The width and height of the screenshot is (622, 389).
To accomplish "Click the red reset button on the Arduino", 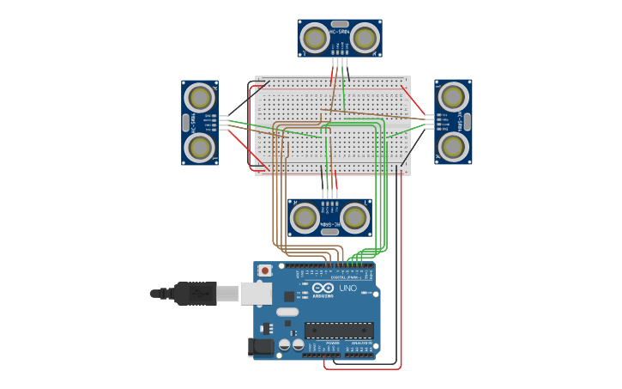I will tap(265, 270).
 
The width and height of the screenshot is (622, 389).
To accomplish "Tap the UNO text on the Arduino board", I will tap(347, 289).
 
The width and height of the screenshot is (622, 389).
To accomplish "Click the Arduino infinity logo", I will tap(323, 289).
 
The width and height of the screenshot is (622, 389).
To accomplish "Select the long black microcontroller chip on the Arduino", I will tap(339, 331).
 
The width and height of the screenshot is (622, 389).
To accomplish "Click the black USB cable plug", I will tap(195, 294).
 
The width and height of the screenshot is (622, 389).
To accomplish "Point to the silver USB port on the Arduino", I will tap(256, 294).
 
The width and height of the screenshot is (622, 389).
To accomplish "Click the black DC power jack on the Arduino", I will tap(261, 347).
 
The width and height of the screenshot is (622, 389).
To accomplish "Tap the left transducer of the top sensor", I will tap(315, 38).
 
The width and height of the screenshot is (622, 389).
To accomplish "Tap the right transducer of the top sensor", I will tap(365, 38).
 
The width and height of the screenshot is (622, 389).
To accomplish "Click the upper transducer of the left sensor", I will tap(200, 98).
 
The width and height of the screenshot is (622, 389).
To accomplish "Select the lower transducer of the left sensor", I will tap(200, 147).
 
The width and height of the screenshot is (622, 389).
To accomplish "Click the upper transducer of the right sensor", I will tap(453, 98).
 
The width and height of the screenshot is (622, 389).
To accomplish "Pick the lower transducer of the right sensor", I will tap(453, 147).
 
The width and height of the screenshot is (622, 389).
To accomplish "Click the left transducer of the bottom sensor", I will tap(305, 217).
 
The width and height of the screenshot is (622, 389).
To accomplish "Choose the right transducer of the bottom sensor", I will tap(354, 217).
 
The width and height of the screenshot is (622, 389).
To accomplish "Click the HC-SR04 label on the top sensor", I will tap(340, 33).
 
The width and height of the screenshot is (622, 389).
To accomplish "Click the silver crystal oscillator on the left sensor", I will tap(185, 123).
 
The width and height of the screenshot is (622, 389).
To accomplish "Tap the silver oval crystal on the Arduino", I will tap(287, 312).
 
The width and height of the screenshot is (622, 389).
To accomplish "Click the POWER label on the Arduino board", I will tap(333, 343).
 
